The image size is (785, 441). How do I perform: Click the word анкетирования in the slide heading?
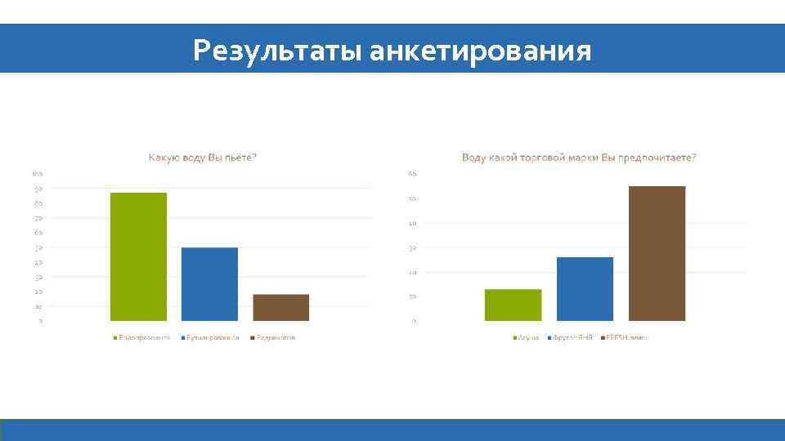click(480, 51)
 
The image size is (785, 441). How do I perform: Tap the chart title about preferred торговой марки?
click(579, 158)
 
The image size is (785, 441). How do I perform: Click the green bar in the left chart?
click(138, 256)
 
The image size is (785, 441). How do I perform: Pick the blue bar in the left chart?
click(209, 283)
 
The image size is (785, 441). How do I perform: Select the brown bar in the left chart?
click(280, 307)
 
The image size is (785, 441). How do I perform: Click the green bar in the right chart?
click(513, 305)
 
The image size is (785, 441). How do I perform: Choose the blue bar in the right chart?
click(585, 288)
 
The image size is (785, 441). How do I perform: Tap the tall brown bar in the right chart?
click(657, 253)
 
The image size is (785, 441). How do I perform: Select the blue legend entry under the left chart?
click(209, 337)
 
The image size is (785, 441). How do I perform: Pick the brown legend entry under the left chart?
click(272, 337)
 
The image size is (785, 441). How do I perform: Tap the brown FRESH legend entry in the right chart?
click(625, 337)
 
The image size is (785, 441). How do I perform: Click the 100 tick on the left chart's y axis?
click(37, 174)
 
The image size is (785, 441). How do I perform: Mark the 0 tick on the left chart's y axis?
click(41, 321)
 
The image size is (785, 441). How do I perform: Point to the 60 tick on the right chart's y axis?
click(413, 174)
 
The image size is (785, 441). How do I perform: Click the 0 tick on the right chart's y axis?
click(415, 321)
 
